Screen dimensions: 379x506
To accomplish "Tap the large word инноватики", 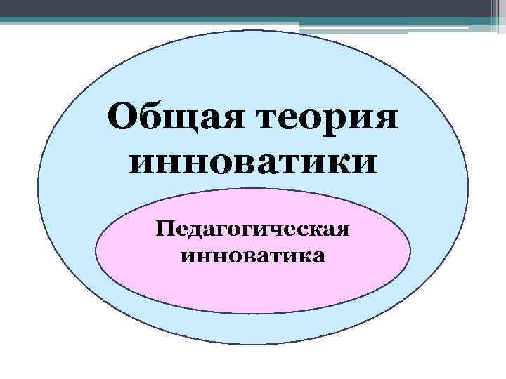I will point(253,163).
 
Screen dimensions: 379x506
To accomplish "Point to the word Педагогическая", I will point(253,230).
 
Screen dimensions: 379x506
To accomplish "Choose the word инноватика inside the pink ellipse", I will point(253,255).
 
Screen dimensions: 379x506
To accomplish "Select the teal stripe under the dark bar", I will point(211,20).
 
